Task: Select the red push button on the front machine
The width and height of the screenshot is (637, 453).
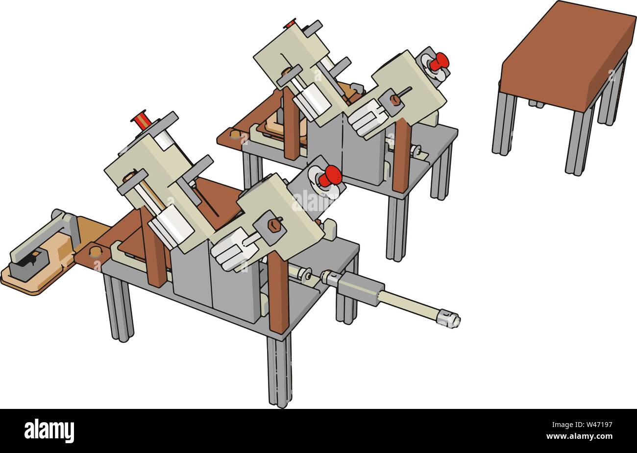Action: coord(331,175)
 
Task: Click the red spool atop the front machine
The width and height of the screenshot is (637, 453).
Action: coord(142,119)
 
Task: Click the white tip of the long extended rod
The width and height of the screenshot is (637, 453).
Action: coord(449,319)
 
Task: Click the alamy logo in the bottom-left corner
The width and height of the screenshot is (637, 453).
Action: coord(49,431)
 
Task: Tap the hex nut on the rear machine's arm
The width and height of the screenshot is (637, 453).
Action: coord(395,100)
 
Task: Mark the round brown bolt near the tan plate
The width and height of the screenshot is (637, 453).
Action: coord(95,251)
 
